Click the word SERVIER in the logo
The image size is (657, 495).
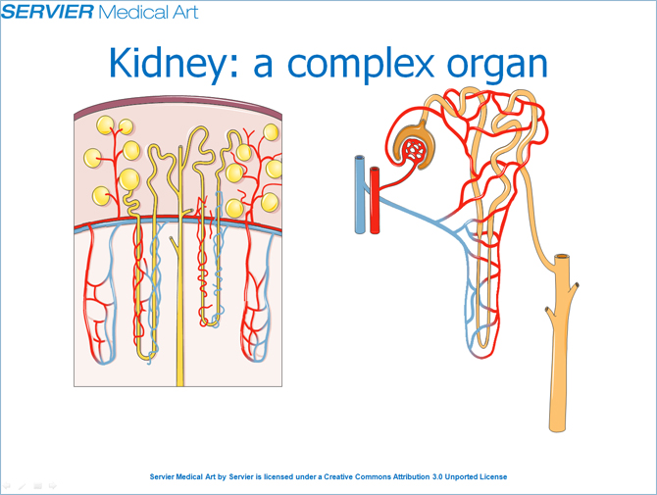[47, 11]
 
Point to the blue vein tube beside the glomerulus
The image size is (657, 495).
[360, 194]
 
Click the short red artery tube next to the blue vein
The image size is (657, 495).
[375, 200]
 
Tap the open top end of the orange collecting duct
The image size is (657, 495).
[562, 257]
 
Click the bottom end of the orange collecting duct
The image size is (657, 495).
[557, 429]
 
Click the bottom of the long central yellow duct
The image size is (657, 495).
[180, 383]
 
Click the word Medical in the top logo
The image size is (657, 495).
[127, 12]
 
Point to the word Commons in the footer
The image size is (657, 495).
[373, 476]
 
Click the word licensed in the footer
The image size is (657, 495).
[278, 476]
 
